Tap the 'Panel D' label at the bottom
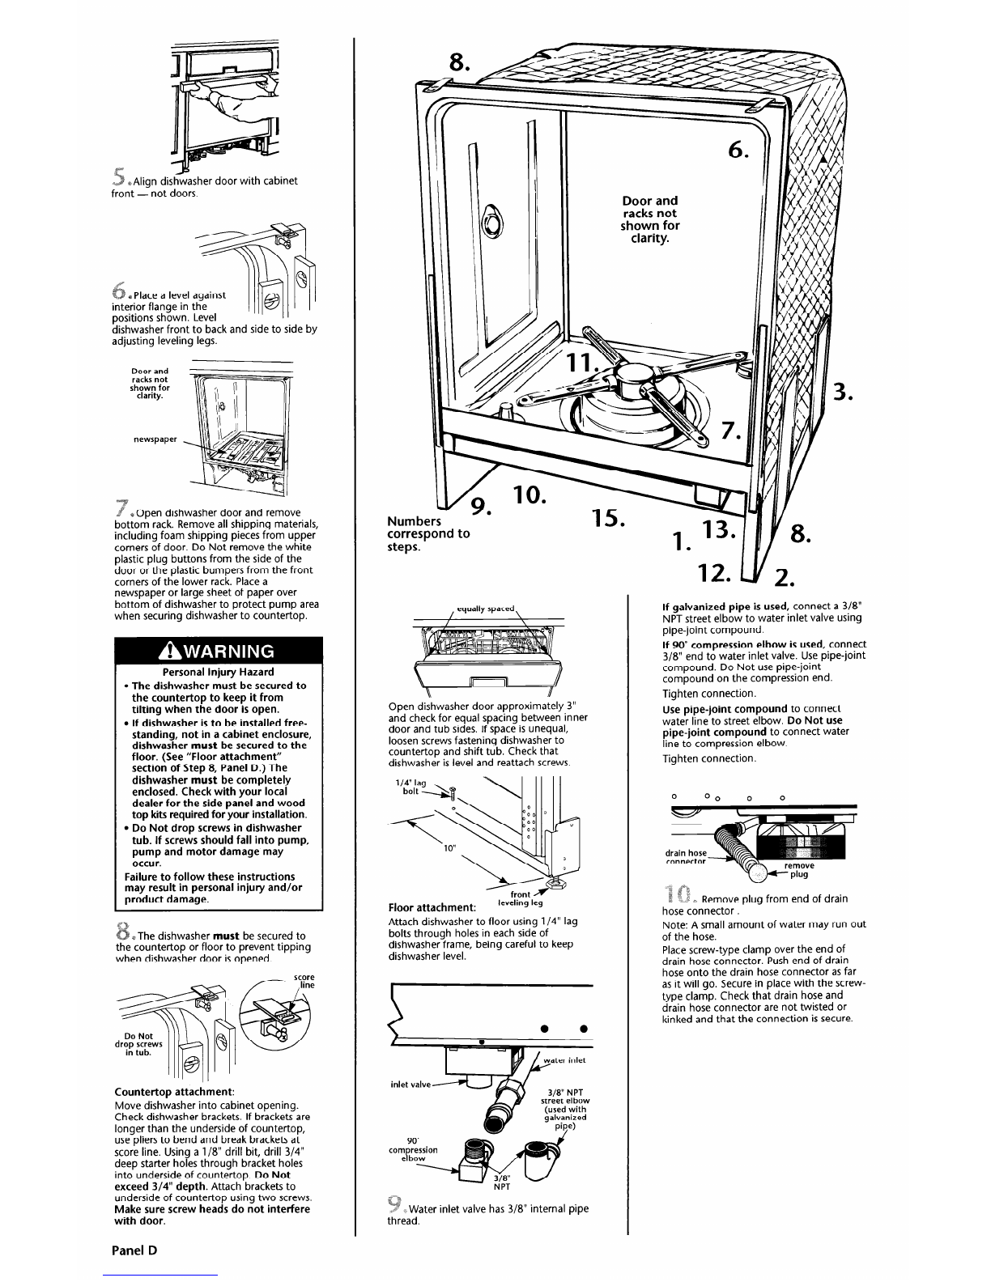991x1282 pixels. [134, 1249]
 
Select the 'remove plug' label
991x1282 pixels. [797, 869]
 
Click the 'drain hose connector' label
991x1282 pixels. [686, 857]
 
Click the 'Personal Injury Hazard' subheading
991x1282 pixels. [218, 672]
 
